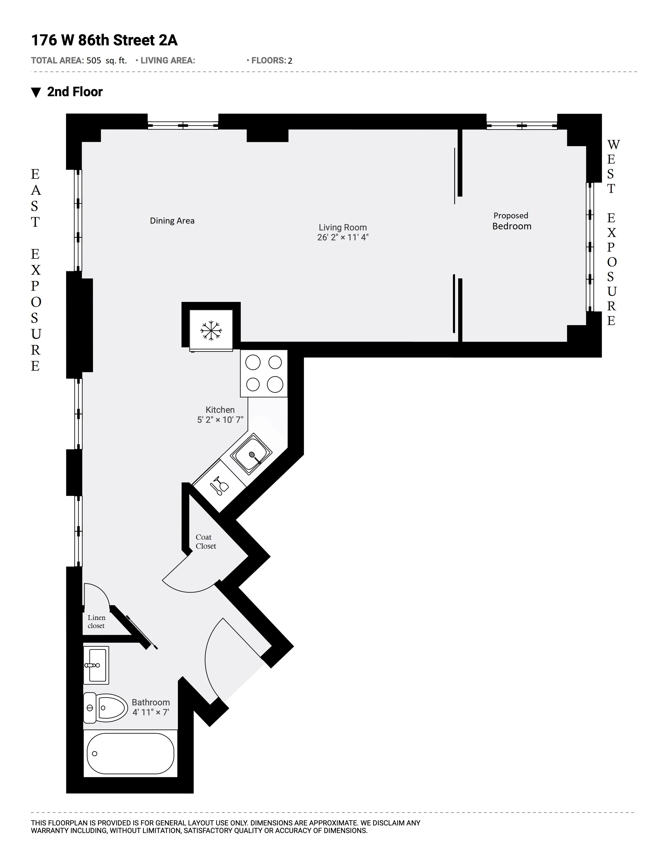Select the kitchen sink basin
point(251,454)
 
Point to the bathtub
point(130,753)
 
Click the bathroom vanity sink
point(96,665)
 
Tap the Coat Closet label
point(205,542)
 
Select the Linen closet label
point(96,621)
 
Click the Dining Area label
point(172,221)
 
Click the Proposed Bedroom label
point(511,221)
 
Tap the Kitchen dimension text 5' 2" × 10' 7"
point(220,420)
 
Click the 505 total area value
point(94,61)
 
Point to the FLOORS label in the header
point(268,61)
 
